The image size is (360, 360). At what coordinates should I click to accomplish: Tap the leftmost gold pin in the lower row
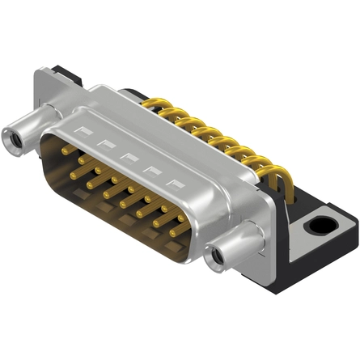click(x=74, y=172)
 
